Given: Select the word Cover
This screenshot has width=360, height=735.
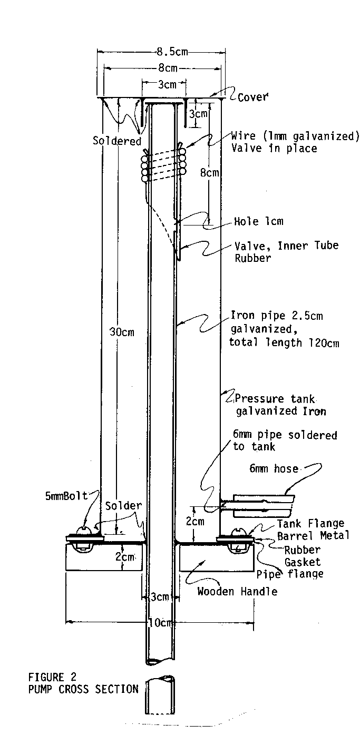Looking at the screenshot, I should [x=252, y=97].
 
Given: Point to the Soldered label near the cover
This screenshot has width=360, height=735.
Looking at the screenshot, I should [x=117, y=141].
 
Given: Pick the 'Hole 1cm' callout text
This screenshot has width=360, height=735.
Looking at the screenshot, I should [x=258, y=221].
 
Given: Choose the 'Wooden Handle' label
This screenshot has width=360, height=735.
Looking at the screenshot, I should [x=237, y=591].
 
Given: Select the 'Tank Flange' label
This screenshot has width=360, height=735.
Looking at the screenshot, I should [x=310, y=523].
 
